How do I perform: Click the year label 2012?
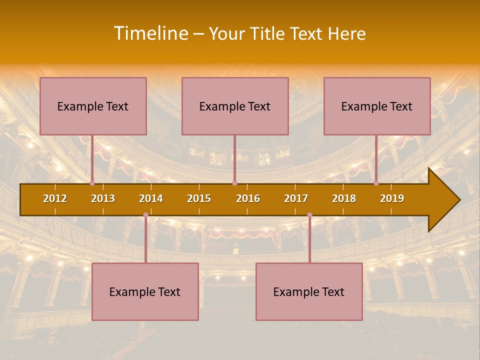(55, 198)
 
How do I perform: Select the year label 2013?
(103, 198)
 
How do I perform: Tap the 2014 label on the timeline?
(151, 198)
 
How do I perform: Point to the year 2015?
(199, 198)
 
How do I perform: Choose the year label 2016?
(248, 198)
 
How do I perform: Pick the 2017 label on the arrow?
(296, 198)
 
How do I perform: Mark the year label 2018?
(344, 198)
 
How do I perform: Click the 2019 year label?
(392, 198)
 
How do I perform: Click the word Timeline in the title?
(150, 33)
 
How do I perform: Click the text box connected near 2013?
(93, 106)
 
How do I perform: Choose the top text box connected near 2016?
(235, 106)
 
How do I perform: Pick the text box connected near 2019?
(377, 106)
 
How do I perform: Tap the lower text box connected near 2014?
(145, 291)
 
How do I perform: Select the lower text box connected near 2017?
(309, 291)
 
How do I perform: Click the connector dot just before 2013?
(92, 183)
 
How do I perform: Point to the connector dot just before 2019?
(376, 183)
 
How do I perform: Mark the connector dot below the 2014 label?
(145, 215)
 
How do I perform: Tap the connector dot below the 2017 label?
(309, 215)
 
